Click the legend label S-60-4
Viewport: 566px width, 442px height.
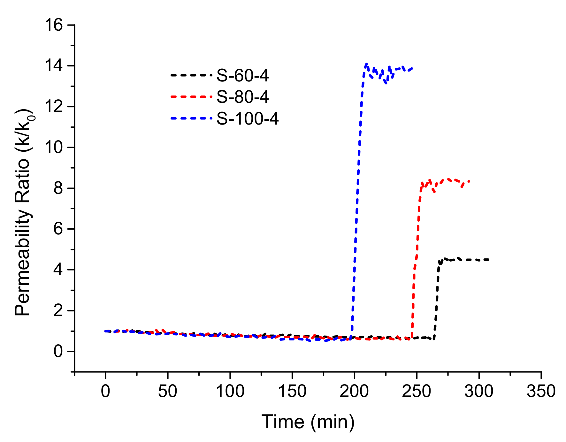tap(242, 76)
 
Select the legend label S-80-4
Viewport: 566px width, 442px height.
tap(242, 97)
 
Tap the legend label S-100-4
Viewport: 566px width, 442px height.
tap(248, 118)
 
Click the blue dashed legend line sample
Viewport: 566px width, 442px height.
tap(191, 118)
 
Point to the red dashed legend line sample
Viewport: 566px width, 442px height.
tap(191, 96)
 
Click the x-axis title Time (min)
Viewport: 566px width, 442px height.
tap(308, 422)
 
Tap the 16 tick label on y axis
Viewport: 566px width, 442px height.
tap(54, 25)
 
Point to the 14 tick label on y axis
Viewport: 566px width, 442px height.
tap(54, 66)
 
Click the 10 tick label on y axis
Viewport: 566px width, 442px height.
tap(54, 148)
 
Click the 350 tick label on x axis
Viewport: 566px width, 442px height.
tap(541, 391)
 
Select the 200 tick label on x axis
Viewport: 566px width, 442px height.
tap(354, 391)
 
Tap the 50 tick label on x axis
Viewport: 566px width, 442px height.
tap(167, 391)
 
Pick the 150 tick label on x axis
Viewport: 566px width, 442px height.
tap(292, 391)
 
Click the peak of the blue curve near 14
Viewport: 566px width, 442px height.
tap(366, 64)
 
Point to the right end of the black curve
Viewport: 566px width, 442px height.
tap(489, 260)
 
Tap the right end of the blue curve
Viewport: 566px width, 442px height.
tap(413, 68)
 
